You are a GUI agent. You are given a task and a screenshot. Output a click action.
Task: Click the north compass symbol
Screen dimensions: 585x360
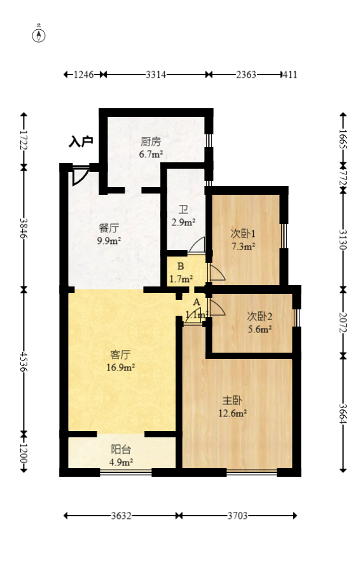[39, 34]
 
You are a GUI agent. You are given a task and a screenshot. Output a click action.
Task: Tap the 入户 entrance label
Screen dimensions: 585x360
[81, 141]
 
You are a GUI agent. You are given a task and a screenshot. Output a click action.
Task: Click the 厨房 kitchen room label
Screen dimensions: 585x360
[151, 142]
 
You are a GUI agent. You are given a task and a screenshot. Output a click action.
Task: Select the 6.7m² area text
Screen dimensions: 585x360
[151, 154]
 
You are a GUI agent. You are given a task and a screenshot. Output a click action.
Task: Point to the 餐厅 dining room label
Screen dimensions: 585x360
[109, 228]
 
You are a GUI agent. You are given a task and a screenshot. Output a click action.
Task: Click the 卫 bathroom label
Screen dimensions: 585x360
[183, 209]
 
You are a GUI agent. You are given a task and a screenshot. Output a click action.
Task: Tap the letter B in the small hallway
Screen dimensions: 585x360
[181, 266]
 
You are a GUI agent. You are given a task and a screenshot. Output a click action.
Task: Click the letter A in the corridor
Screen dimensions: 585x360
[197, 302]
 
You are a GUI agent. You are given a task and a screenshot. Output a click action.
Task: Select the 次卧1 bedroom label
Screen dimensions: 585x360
[243, 233]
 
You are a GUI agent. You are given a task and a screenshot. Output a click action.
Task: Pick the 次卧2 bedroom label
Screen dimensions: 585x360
[260, 316]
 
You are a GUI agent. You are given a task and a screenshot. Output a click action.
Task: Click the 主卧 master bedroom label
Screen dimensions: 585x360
[232, 400]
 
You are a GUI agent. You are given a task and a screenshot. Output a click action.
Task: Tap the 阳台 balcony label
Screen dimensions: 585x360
[121, 449]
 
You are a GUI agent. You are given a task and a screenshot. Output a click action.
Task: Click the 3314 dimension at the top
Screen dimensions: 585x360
[156, 75]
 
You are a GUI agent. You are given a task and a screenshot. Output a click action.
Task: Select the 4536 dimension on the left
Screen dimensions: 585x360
[24, 361]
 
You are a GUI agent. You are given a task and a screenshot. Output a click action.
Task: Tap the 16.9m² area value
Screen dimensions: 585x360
[121, 367]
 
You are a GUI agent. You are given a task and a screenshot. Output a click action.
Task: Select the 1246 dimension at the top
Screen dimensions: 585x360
[84, 75]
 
